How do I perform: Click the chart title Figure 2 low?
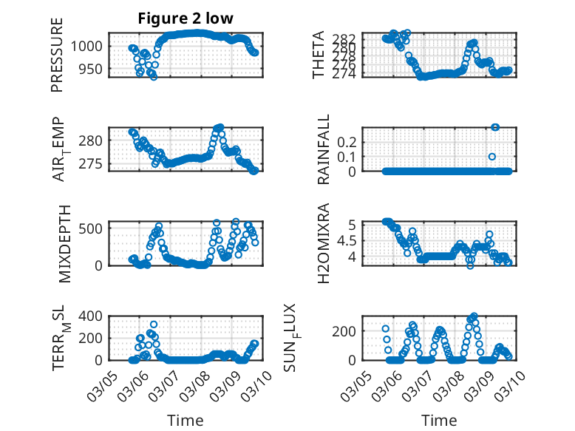tap(185, 19)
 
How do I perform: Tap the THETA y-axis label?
tap(319, 55)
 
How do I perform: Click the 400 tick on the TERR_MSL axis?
tap(93, 316)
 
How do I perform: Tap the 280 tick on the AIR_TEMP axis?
tap(93, 140)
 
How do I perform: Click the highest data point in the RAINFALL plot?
tap(495, 127)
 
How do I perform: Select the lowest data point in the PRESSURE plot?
tap(153, 76)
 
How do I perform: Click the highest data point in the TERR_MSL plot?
tap(154, 324)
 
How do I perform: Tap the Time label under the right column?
tap(439, 421)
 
